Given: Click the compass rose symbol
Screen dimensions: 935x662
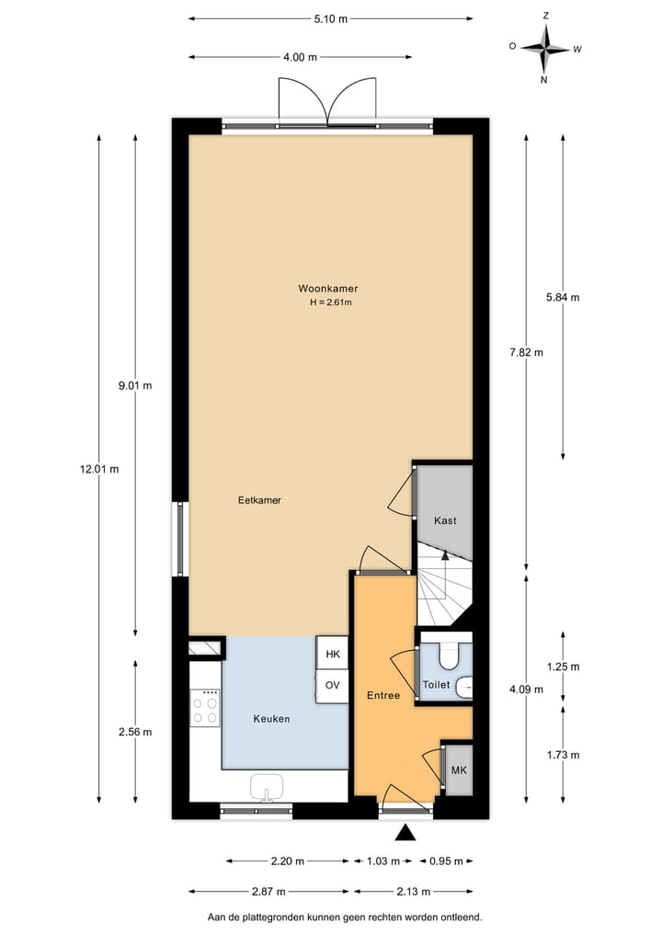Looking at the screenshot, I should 544,48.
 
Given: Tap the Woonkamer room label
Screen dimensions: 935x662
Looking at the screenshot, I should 327,288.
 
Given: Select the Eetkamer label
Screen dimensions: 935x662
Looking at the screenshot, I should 258,500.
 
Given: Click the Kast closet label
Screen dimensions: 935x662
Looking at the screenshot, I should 445,520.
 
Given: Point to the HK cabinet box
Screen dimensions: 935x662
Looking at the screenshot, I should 333,654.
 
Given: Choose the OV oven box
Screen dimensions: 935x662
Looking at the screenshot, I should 333,686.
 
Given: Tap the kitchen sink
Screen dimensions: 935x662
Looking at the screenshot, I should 267,788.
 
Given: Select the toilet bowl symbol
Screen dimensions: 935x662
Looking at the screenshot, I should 451,655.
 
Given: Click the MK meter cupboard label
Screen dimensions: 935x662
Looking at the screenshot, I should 457,770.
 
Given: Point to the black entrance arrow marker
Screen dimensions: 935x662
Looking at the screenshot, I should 405,833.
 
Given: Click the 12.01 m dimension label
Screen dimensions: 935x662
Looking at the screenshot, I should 99,469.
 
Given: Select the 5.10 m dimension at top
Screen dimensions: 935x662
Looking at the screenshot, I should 331,17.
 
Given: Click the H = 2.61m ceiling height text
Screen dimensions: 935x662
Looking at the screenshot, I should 331,302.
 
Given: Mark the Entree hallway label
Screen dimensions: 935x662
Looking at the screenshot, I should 382,695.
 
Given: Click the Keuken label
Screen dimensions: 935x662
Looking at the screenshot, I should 271,718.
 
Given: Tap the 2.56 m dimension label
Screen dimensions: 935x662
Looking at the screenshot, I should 135,732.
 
